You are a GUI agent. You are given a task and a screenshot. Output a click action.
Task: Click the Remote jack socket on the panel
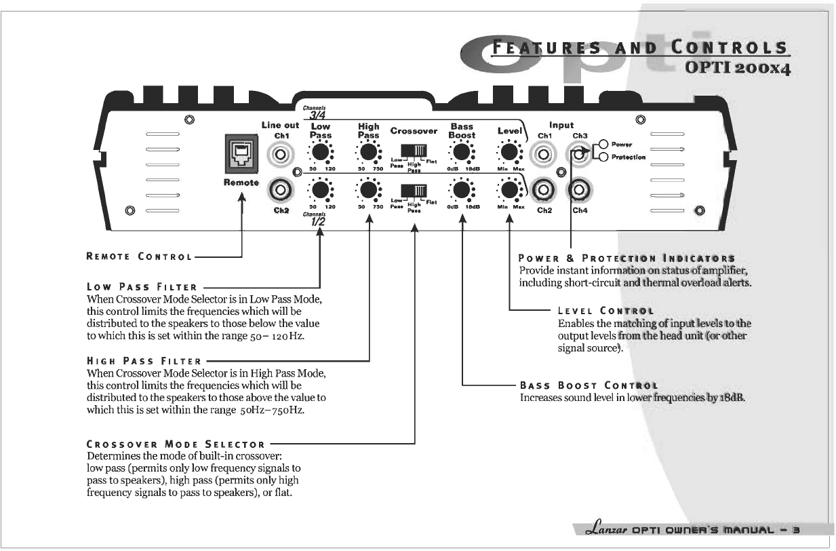pyautogui.click(x=241, y=153)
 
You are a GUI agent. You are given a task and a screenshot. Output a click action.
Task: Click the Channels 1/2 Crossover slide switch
pyautogui.click(x=414, y=189)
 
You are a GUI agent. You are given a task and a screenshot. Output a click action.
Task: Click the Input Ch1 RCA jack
pyautogui.click(x=544, y=155)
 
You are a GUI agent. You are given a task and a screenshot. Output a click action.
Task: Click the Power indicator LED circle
pyautogui.click(x=603, y=145)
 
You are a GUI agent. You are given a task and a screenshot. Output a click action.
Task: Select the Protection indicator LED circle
pyautogui.click(x=603, y=157)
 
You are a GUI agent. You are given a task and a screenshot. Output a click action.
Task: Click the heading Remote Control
pyautogui.click(x=139, y=256)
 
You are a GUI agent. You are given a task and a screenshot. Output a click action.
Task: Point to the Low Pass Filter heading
pyautogui.click(x=142, y=288)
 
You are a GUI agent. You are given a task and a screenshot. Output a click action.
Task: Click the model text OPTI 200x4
pyautogui.click(x=738, y=69)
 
